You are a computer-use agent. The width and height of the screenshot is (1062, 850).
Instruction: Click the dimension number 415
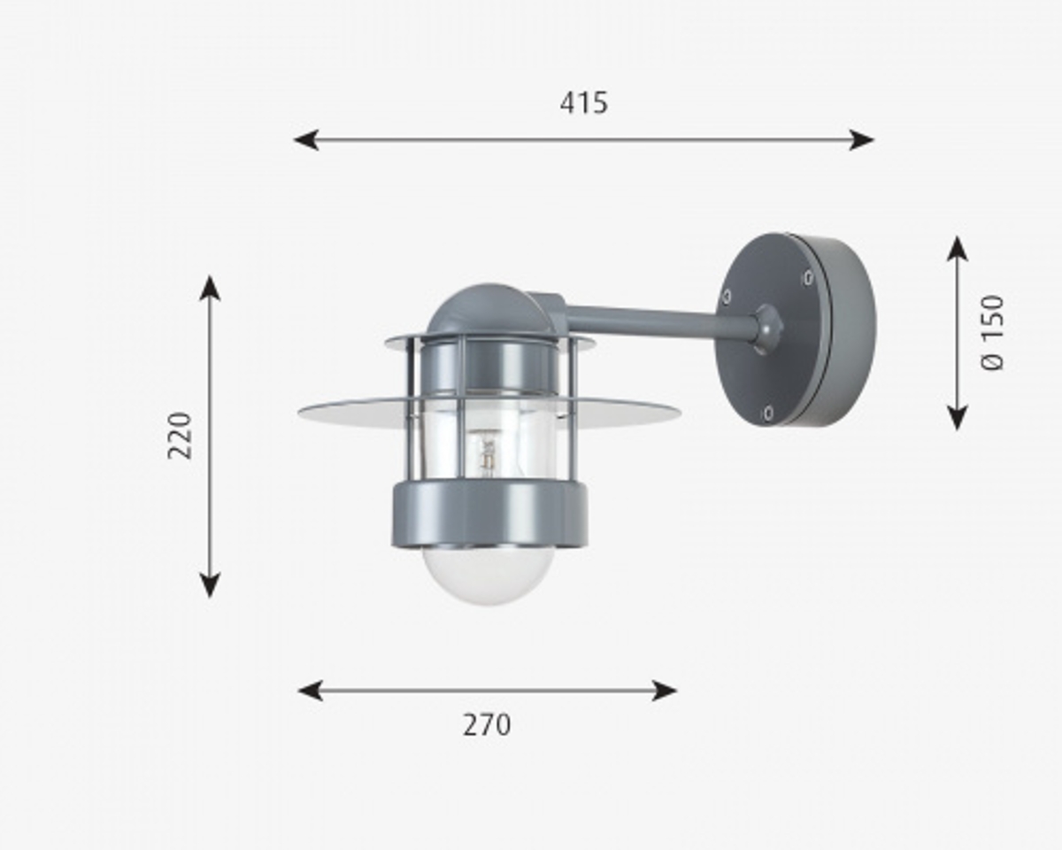(584, 104)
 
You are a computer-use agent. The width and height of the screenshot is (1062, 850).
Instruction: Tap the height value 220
(180, 435)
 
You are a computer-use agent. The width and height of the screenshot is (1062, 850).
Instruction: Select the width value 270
(487, 725)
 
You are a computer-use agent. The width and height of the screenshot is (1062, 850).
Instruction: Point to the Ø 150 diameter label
(994, 332)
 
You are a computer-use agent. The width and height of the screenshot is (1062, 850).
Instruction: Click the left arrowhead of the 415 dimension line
(306, 140)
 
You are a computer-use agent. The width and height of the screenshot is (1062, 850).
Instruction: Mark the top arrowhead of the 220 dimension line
(210, 288)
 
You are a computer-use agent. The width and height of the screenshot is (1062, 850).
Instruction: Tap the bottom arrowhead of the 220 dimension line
(210, 584)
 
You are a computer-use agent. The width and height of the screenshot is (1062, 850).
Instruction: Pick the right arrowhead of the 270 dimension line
(665, 691)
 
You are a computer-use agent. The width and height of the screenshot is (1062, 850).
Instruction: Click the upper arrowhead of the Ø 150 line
(957, 249)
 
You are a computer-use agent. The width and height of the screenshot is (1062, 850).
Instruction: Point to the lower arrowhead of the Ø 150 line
(957, 417)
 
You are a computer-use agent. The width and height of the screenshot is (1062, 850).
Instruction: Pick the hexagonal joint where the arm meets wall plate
(766, 328)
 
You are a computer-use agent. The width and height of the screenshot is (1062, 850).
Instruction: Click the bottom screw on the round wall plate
(766, 412)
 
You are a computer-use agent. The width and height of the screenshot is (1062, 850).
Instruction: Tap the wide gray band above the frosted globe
(489, 514)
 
